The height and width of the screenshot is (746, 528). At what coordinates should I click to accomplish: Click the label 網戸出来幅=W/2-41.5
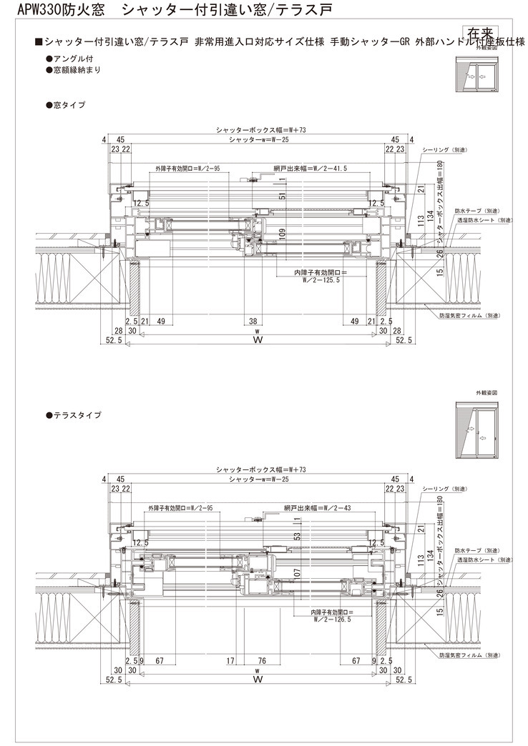click(x=311, y=169)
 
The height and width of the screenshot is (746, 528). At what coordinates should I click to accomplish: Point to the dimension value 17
click(x=230, y=660)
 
